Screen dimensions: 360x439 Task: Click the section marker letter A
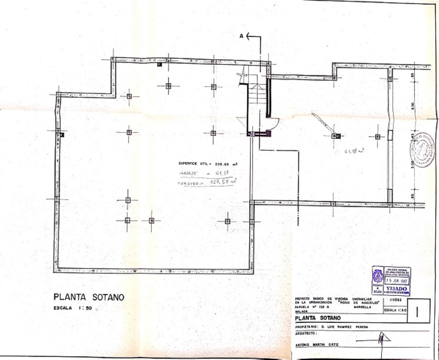point(241,36)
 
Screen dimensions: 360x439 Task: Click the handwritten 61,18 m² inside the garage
point(353,151)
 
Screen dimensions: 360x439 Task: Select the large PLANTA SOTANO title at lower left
point(89,297)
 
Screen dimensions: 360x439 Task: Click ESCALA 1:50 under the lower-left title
point(73,308)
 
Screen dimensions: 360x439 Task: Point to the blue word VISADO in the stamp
point(396,288)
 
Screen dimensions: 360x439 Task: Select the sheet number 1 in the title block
point(418,312)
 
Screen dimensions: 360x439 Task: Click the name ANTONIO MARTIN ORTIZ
point(317,345)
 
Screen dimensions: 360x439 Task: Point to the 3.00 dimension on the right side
point(413,162)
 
